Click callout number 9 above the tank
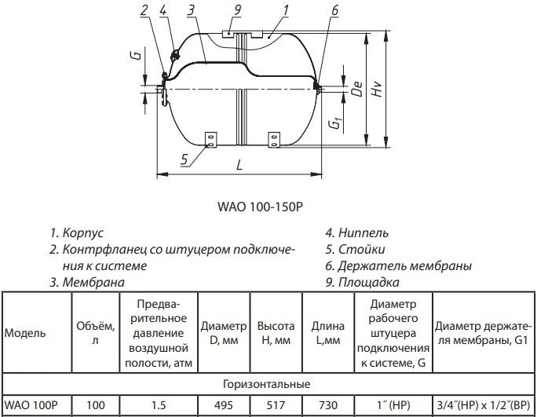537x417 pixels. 236,9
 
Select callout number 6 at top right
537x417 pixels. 334,10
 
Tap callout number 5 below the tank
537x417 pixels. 184,159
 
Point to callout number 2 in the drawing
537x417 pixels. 144,9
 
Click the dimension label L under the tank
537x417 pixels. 239,165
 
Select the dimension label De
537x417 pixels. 357,89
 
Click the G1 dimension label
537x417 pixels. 336,123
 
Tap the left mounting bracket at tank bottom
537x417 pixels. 210,140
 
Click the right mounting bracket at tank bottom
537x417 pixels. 274,140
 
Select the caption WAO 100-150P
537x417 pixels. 261,207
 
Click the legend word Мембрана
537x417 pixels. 93,283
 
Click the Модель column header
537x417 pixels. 25,333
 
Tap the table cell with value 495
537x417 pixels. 224,405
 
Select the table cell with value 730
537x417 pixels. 328,405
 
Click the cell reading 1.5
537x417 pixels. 159,405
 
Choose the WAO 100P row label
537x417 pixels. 31,405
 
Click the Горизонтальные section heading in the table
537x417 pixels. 266,384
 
